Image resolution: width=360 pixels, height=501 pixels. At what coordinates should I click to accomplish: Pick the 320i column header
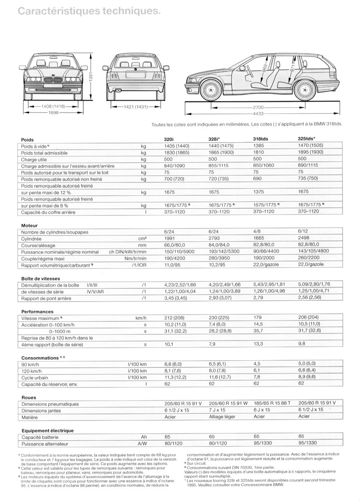(x=170, y=139)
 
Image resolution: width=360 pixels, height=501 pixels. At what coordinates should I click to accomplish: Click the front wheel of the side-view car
(x=209, y=89)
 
